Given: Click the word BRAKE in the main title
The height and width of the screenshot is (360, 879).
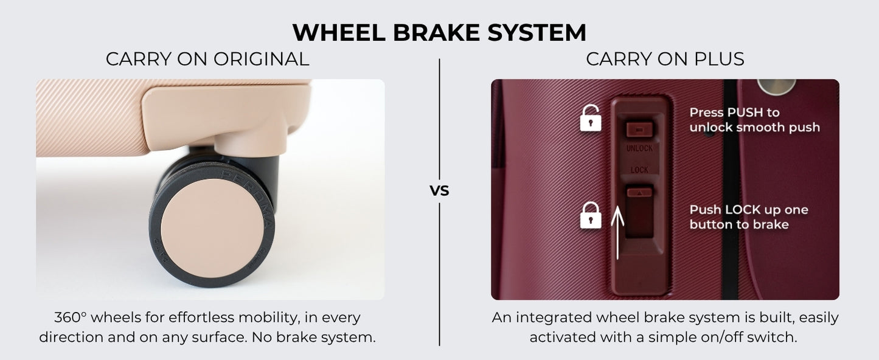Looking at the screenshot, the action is tap(436, 32).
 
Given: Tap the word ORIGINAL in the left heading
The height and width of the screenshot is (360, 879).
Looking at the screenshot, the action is tap(262, 59).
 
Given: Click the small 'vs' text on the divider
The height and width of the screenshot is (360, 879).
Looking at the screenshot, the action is tap(439, 191).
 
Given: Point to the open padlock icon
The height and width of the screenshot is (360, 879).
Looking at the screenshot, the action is tap(591, 117).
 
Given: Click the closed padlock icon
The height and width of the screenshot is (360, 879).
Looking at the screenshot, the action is tap(591, 215).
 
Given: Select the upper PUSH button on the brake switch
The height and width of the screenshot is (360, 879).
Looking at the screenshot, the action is tap(639, 129).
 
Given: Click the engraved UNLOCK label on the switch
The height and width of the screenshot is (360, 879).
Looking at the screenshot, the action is tap(639, 148).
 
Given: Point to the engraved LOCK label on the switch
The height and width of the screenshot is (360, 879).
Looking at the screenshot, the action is tap(639, 170).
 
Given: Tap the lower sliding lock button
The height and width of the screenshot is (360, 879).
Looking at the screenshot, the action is tap(639, 212).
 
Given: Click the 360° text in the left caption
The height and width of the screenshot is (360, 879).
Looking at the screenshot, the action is tap(70, 317).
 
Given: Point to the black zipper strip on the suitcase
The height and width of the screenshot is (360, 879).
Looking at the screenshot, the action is tap(731, 189).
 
